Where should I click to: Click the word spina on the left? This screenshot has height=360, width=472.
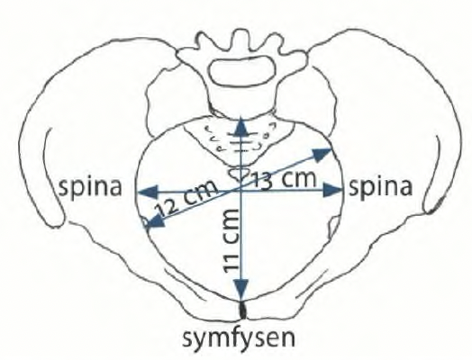(x=90, y=189)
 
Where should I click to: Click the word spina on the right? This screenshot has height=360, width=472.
(x=380, y=188)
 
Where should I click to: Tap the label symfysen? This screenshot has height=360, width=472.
(x=239, y=339)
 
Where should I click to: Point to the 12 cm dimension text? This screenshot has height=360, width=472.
(x=186, y=199)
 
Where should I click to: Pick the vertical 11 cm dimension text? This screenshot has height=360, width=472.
(x=232, y=240)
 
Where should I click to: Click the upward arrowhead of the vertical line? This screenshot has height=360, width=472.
(x=241, y=126)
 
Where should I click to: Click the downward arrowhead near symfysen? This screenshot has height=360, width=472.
(x=241, y=289)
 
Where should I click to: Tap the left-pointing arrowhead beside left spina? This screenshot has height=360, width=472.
(x=148, y=193)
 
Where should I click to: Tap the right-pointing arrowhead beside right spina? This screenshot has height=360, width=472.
(x=333, y=191)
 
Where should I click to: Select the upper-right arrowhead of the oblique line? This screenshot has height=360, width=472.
(x=322, y=154)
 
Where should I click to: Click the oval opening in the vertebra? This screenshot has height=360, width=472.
(x=242, y=70)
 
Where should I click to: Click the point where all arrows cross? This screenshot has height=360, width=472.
(x=241, y=191)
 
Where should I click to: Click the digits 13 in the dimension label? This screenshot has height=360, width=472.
(x=261, y=183)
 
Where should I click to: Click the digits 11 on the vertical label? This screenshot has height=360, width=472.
(x=232, y=261)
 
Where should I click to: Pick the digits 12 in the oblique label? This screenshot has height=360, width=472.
(x=165, y=207)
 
